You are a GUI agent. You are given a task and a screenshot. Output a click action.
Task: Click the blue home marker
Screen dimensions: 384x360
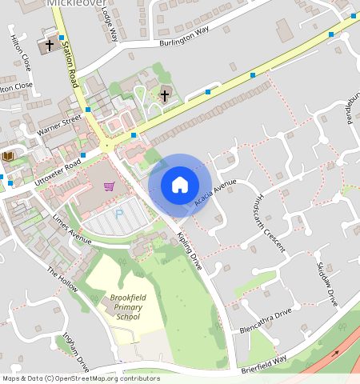coord(180,186)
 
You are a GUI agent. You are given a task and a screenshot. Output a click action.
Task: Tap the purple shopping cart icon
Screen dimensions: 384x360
coord(109,186)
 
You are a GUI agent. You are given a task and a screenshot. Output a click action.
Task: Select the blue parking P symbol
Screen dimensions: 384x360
coord(120,214)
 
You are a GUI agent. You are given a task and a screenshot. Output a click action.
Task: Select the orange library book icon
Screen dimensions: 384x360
coord(9,156)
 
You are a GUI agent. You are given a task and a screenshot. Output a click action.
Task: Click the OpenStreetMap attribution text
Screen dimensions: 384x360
coord(80,378)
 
